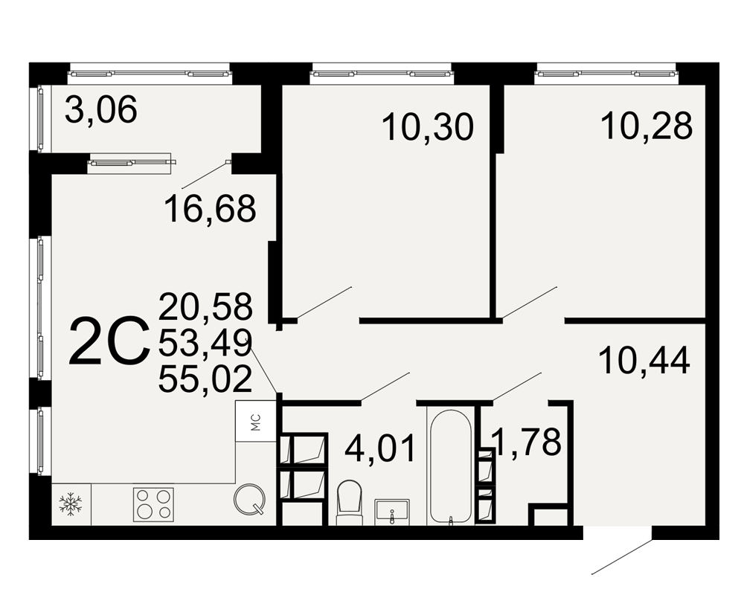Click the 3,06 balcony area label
point(101,110)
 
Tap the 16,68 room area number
point(211,209)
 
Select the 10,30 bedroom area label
point(428,127)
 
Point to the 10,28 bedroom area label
point(647,126)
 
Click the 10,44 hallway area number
point(644,361)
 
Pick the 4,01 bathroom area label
point(380,448)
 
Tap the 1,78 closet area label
point(527,443)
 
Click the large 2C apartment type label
point(109,341)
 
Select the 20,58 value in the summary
point(205,306)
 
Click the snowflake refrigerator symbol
point(70,504)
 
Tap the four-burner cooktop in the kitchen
point(153,504)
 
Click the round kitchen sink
point(249,499)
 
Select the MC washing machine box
point(256,422)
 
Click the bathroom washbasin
point(392,512)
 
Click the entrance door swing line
point(621,556)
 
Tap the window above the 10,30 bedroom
point(382,74)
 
